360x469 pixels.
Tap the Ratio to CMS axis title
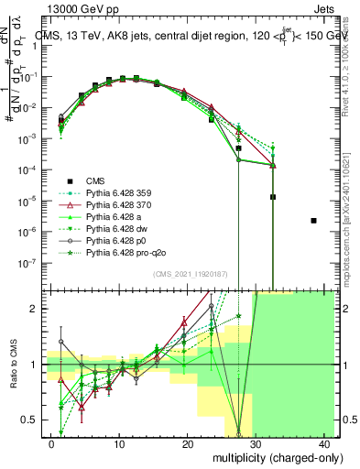point(14,364)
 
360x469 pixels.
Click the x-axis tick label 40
point(324,442)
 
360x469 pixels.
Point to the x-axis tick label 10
point(119,442)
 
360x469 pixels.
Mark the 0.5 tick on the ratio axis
point(32,420)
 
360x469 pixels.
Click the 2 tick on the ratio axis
point(37,309)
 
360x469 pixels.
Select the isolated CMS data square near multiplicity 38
point(314,221)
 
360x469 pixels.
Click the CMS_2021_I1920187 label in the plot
point(191,274)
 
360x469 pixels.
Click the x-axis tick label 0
point(51,442)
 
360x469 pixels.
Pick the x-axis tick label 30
point(256,442)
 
